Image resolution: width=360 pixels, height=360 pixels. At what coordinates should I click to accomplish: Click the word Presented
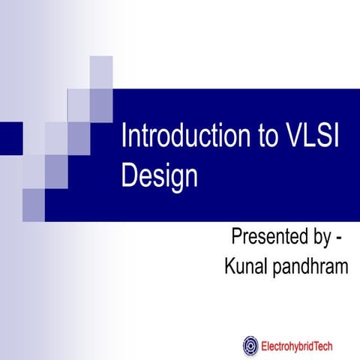click(269, 239)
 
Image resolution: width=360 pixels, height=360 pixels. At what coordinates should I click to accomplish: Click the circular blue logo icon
click(250, 346)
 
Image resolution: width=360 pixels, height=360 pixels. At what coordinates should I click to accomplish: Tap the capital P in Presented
click(236, 239)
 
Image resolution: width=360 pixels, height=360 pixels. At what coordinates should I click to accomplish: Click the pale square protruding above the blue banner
click(101, 73)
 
